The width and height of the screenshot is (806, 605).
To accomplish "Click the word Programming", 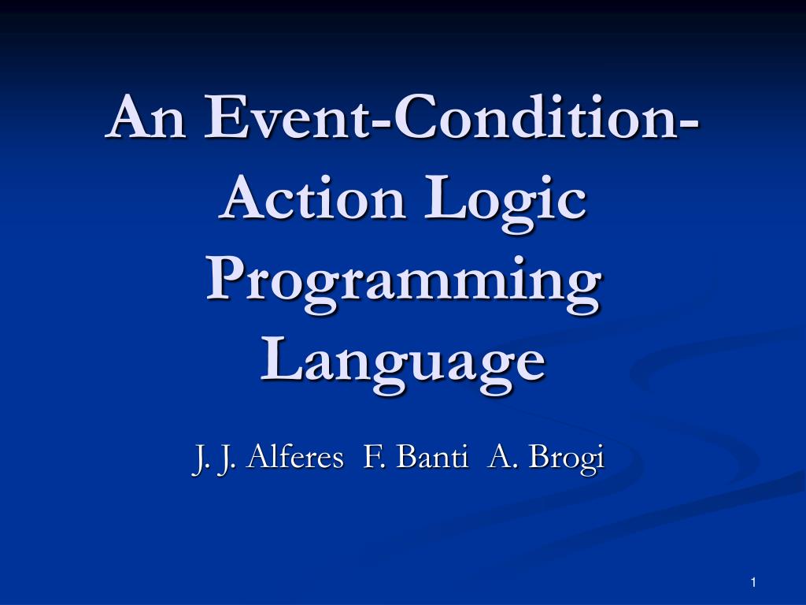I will (x=401, y=286).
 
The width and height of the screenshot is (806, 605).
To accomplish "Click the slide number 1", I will (x=753, y=581).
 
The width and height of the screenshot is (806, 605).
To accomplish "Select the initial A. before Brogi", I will (x=499, y=456).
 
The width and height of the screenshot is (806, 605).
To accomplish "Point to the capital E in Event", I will (x=222, y=117).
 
